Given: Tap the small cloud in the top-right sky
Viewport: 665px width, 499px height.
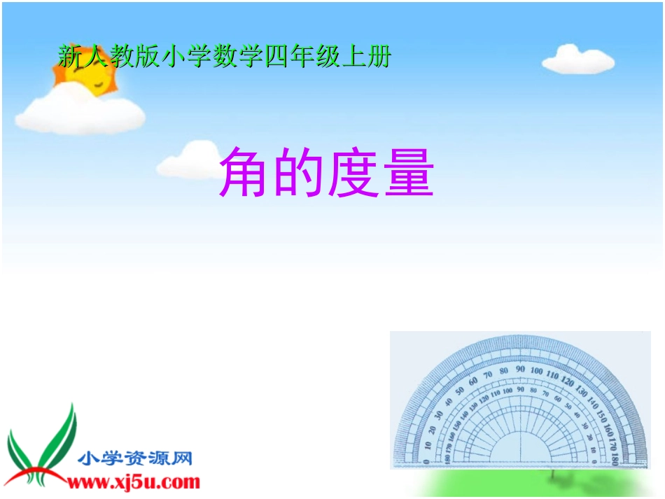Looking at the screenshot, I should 577,59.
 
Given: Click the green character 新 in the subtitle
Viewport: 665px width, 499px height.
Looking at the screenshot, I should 71,57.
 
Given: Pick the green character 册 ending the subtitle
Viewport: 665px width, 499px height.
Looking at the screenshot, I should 378,57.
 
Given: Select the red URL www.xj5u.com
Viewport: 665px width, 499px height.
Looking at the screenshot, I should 134,482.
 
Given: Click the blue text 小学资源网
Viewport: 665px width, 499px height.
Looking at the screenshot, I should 135,459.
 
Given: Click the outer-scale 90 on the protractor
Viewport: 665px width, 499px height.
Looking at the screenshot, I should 520,369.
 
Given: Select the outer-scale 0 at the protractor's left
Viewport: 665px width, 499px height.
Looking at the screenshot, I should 426,460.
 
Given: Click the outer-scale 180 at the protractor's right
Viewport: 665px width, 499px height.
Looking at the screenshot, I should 614,459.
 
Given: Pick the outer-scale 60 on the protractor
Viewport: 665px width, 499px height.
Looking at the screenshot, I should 473,381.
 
